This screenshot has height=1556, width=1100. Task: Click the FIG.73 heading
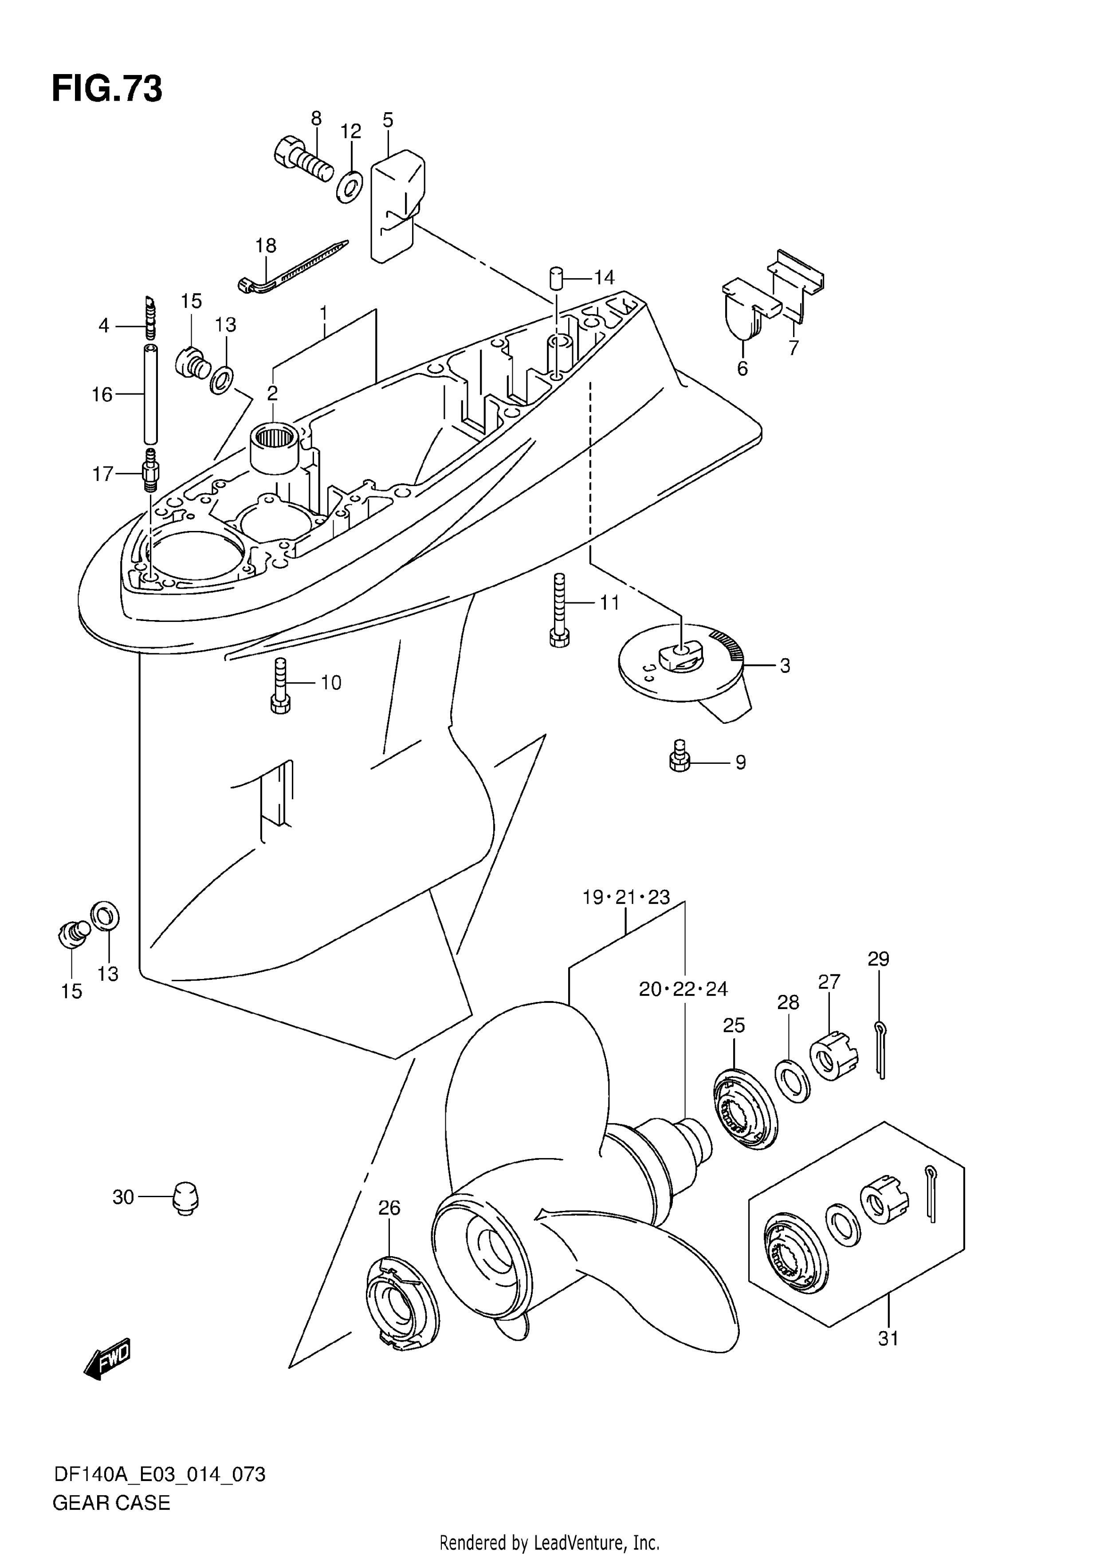[107, 89]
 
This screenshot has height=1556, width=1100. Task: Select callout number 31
[888, 1339]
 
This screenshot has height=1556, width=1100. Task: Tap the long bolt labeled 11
[559, 611]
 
